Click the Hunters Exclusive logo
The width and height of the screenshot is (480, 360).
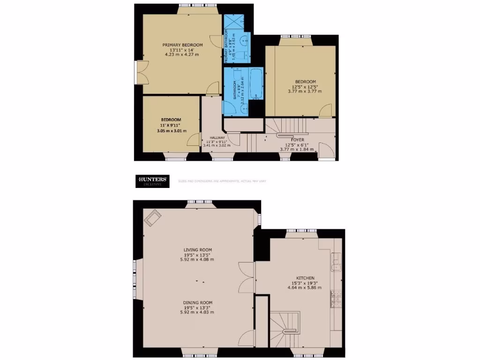151,180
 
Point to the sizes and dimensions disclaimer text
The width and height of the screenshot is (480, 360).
222,181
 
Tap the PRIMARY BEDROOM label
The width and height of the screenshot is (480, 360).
182,45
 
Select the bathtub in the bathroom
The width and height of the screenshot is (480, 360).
256,84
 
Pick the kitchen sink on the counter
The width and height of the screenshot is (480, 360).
336,262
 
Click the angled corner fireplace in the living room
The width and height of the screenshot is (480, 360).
152,218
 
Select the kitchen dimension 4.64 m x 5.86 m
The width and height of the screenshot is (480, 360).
305,287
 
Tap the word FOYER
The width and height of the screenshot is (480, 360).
298,140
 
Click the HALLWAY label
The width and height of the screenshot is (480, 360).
210,137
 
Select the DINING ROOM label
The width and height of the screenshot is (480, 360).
198,303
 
